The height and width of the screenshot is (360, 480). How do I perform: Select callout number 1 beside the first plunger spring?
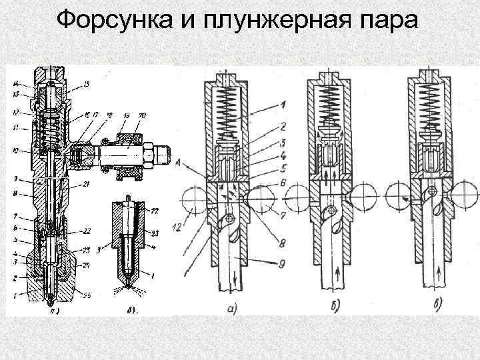pyautogui.click(x=284, y=105)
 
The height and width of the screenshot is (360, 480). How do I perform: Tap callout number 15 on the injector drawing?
pyautogui.click(x=87, y=84)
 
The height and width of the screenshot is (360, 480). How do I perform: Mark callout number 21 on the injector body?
pyautogui.click(x=88, y=184)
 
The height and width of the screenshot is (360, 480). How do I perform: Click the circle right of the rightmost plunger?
pyautogui.click(x=464, y=199)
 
